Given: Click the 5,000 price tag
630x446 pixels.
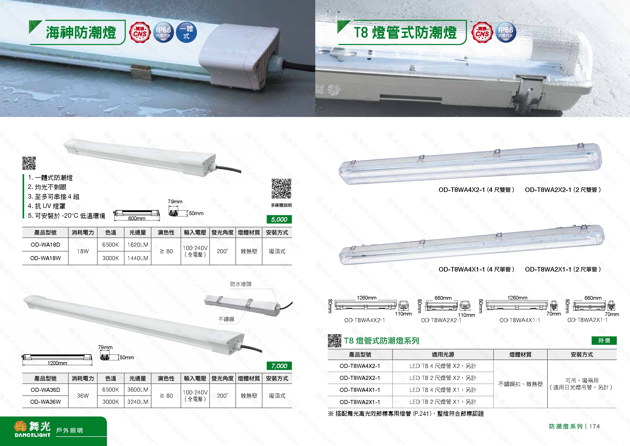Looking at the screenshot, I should click(x=279, y=219).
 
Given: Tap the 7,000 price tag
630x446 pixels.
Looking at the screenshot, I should click(x=279, y=366).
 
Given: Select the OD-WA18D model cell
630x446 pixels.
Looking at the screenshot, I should click(x=45, y=245).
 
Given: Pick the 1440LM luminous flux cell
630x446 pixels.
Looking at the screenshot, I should click(x=137, y=258).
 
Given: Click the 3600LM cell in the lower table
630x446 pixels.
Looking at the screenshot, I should click(x=137, y=390).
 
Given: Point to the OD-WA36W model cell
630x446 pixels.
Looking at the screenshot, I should click(x=45, y=402).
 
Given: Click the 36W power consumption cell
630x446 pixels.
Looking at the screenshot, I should click(x=83, y=396).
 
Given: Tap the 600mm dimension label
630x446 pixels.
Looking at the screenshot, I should click(x=137, y=218).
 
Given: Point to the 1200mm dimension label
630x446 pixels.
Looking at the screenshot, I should click(x=57, y=363).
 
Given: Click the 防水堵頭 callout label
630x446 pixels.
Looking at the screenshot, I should click(x=241, y=284).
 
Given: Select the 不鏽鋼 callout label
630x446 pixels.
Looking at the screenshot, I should click(x=226, y=319).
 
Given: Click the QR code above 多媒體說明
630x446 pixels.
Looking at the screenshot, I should click(x=281, y=189).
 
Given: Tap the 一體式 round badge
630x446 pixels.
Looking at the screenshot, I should click(x=186, y=32).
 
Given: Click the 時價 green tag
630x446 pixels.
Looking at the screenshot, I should click(x=604, y=340).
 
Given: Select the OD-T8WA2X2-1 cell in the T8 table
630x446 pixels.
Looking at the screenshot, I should click(x=360, y=378).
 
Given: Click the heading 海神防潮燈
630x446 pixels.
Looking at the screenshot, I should click(x=81, y=32).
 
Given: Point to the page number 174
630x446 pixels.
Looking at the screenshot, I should click(x=594, y=426).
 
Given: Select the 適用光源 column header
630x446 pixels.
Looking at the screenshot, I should click(x=443, y=354).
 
